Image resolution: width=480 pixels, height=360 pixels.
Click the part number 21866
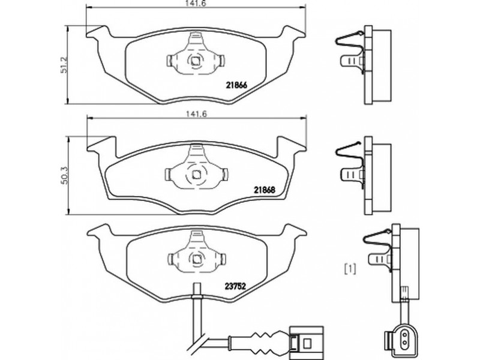[236, 85]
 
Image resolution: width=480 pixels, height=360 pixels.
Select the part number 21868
[265, 190]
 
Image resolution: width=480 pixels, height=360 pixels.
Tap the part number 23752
[235, 286]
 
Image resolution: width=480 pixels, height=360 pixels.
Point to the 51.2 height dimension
[64, 65]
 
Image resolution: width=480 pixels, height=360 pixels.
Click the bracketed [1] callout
[350, 269]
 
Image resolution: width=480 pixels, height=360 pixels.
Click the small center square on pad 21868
[196, 175]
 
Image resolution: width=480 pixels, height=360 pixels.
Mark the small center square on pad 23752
[196, 259]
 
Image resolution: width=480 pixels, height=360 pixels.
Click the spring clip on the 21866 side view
[350, 52]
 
